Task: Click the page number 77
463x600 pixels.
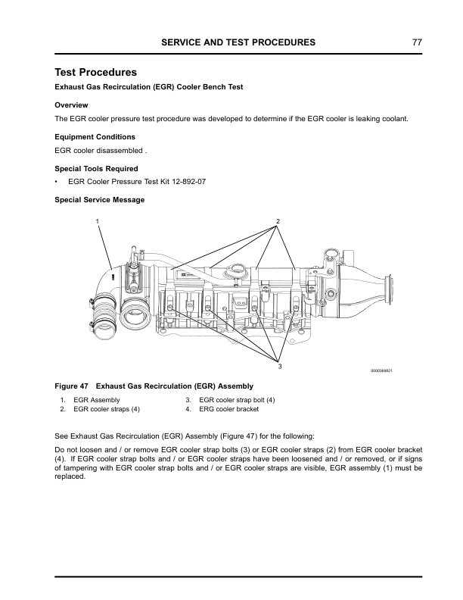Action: (416, 42)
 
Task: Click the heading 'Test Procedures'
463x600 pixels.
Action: (96, 73)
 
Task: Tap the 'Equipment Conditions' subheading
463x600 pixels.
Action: (95, 137)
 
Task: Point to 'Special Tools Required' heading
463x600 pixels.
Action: (97, 168)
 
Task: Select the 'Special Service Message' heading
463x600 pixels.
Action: (100, 200)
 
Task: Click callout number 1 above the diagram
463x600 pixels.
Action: (97, 220)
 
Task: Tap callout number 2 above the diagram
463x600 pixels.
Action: (278, 221)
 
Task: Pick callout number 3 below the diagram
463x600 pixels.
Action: (279, 367)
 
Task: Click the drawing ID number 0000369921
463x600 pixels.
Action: (382, 370)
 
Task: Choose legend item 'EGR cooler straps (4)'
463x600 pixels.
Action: (106, 409)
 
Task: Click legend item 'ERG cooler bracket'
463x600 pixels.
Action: (228, 409)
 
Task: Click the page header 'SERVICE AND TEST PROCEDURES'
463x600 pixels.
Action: (238, 42)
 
